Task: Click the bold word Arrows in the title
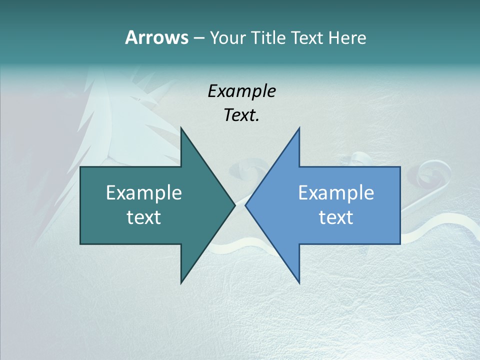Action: [156, 37]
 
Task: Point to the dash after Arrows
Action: [198, 38]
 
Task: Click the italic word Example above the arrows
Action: [241, 91]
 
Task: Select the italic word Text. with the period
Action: [241, 115]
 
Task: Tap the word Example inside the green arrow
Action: [144, 192]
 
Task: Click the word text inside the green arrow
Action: [144, 217]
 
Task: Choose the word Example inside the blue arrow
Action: [336, 192]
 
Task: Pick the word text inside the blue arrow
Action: [336, 217]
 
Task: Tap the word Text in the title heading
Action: [307, 37]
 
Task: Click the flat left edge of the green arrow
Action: [80, 205]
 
